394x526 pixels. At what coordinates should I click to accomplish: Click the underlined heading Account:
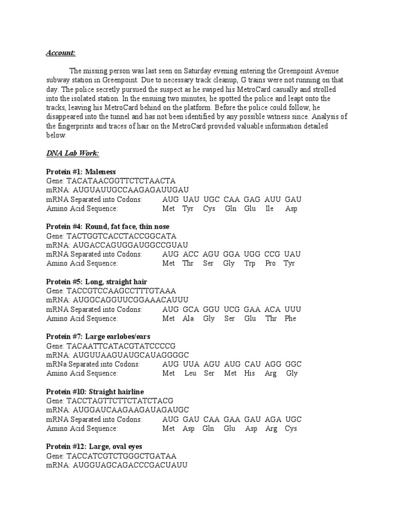point(61,53)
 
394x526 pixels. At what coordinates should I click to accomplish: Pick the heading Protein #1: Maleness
point(81,172)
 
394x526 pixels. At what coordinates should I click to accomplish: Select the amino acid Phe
point(290,318)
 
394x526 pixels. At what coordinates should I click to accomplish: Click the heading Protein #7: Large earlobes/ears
point(98,336)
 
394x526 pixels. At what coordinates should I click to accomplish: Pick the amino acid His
point(250,373)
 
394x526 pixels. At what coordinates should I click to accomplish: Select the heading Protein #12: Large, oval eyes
point(94,446)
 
